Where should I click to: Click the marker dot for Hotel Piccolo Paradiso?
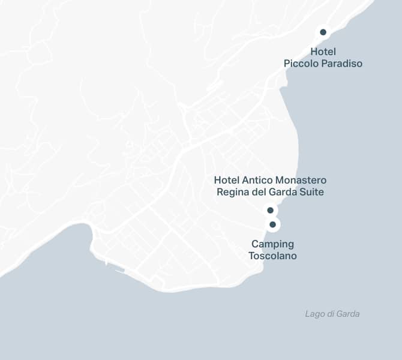coord(323,32)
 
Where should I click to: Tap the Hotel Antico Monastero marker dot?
coord(270,210)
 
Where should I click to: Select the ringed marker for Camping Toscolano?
coord(272,224)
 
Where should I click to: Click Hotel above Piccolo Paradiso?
coord(323,52)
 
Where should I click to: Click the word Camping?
coord(272,244)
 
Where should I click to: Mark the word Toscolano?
coord(272,256)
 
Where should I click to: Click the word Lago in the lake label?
coord(314,314)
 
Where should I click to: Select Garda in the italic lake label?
coord(348,314)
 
